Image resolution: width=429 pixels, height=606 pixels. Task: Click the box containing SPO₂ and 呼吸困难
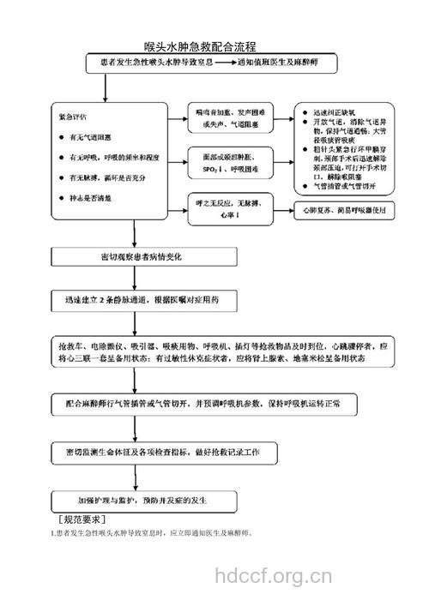click(x=229, y=164)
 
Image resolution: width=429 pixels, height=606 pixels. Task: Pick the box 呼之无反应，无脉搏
click(x=229, y=210)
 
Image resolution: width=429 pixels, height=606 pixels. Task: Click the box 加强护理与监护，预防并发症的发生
click(x=143, y=501)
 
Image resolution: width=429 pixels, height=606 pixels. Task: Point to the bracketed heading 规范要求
click(x=82, y=519)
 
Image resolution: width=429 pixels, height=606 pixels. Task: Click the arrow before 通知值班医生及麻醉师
click(x=220, y=63)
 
